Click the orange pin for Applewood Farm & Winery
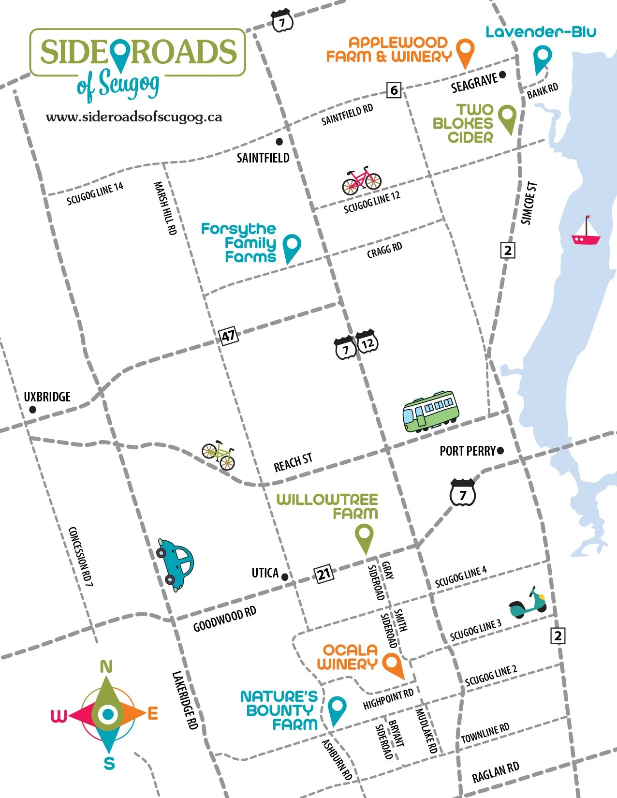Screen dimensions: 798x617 [465, 52]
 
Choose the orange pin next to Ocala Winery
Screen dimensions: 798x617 [393, 665]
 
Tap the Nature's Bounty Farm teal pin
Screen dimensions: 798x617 [337, 710]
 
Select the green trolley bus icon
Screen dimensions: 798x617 [430, 411]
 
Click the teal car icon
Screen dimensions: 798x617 [175, 563]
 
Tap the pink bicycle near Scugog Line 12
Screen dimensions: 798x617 [362, 181]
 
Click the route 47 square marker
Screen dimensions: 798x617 [228, 336]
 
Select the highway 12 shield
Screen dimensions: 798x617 [367, 342]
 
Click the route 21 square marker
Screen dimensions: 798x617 [324, 574]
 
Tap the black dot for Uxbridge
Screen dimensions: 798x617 [32, 410]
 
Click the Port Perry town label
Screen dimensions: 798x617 [467, 451]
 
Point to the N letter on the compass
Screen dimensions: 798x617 [106, 667]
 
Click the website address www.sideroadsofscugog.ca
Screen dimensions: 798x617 [134, 117]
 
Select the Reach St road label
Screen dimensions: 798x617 [293, 463]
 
